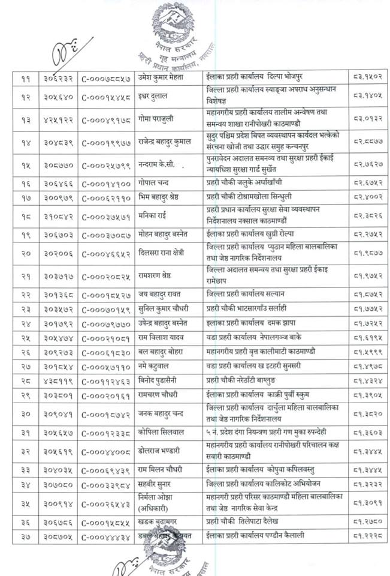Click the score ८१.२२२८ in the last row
coord(368,535)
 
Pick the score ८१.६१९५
coord(368,338)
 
